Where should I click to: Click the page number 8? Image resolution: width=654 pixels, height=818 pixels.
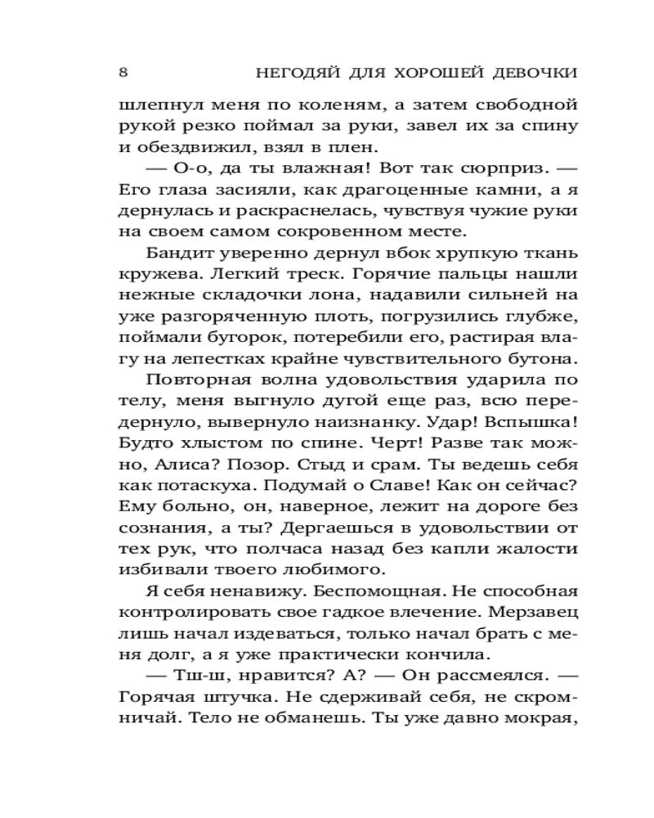(123, 72)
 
